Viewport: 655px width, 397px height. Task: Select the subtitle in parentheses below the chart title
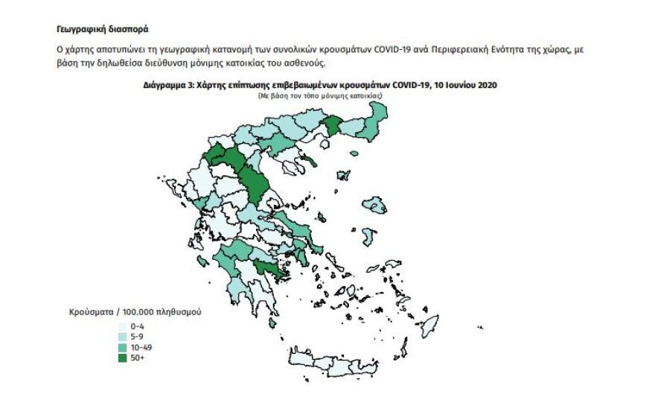tap(320, 97)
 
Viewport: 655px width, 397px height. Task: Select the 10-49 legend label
tap(141, 348)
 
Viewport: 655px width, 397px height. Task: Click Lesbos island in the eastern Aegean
tap(374, 204)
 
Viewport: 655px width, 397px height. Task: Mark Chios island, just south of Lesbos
tap(367, 237)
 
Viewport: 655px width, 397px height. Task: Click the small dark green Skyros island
tap(322, 218)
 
